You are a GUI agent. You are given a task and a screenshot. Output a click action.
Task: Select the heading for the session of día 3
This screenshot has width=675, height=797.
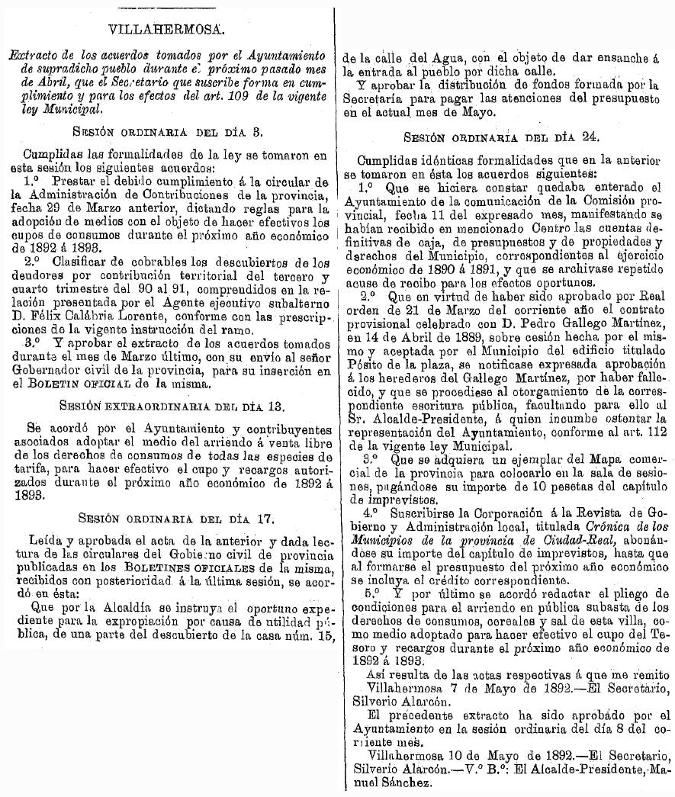coord(168,131)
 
